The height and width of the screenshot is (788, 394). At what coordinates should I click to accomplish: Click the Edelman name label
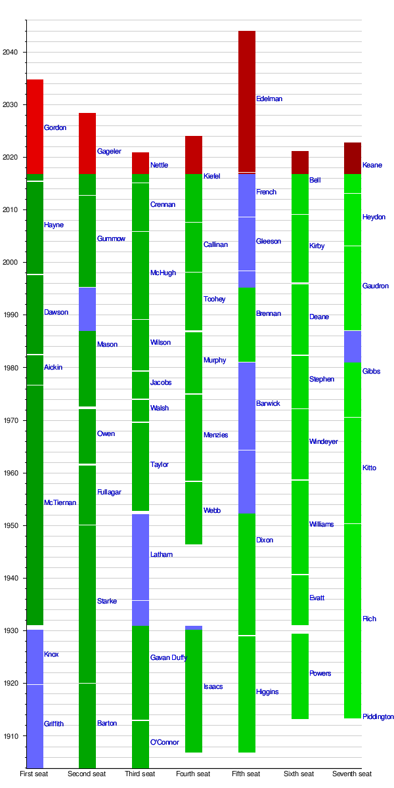click(269, 99)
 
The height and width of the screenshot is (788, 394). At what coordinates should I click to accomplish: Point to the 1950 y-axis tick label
click(12, 526)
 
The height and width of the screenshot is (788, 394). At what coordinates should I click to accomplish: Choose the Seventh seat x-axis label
click(352, 774)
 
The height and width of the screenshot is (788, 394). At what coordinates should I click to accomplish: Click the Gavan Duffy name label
click(169, 658)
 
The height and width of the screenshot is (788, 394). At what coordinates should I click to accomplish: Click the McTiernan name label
click(60, 503)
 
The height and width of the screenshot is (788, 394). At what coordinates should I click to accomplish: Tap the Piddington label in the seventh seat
click(378, 717)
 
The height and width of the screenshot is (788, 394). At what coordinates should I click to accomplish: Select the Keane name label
click(372, 165)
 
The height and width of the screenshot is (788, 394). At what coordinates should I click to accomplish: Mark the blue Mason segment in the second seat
click(87, 309)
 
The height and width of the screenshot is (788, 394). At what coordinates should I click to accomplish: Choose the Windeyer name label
click(323, 442)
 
